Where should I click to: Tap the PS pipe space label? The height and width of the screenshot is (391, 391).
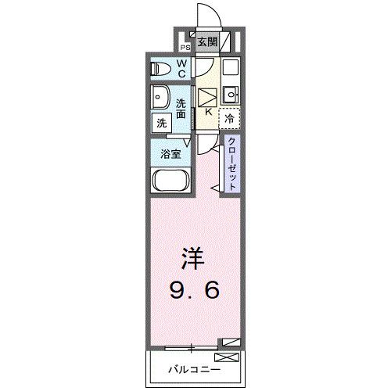[x=186, y=46]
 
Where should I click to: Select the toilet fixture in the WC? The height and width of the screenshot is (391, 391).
[x=160, y=69]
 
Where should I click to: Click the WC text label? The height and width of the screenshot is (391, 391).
[x=181, y=69]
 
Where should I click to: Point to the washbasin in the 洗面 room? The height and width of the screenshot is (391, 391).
[x=162, y=100]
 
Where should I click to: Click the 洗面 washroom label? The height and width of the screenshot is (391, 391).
[x=181, y=109]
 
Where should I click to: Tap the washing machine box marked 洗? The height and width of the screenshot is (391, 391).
[x=160, y=123]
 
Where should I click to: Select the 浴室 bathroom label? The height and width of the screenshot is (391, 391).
[x=170, y=154]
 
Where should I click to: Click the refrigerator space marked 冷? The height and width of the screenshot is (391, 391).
[x=229, y=119]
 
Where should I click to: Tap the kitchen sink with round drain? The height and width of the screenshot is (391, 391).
[x=230, y=96]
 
